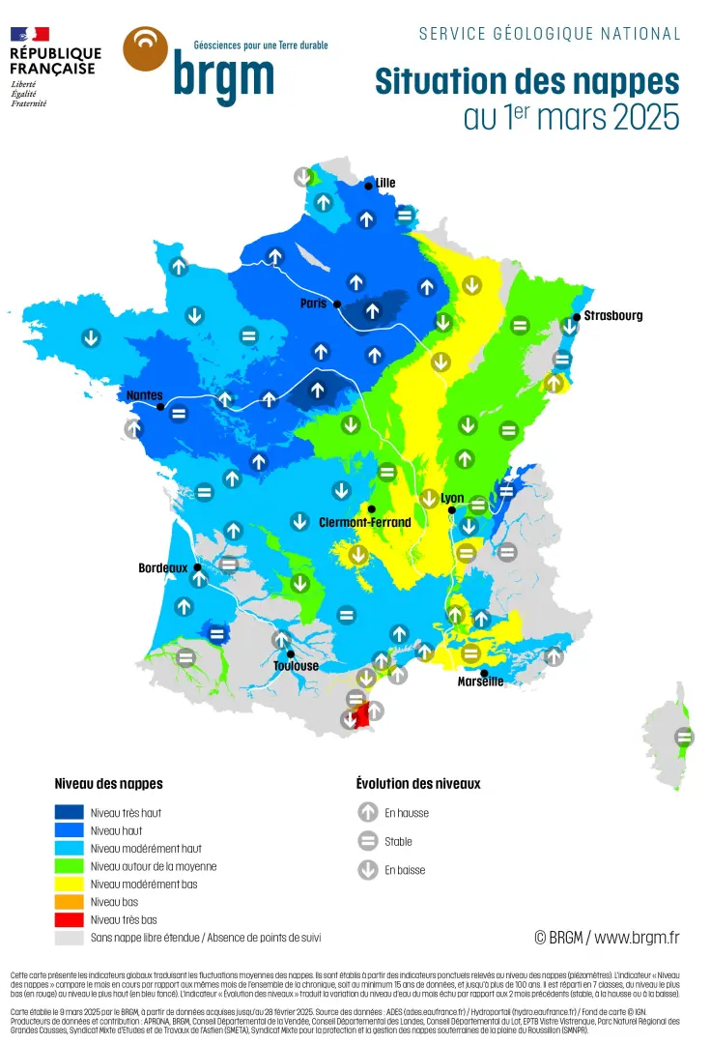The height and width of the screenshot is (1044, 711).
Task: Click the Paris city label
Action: [314, 303]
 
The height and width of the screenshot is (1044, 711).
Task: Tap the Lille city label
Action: [384, 183]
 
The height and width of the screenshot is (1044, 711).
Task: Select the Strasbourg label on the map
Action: [612, 315]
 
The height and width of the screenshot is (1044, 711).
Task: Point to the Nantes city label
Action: [144, 395]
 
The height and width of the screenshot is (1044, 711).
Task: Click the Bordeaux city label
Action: [162, 568]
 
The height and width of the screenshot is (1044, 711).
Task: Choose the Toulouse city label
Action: [296, 666]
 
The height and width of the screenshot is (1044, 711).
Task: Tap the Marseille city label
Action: [480, 681]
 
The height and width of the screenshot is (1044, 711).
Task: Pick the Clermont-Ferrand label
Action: [364, 522]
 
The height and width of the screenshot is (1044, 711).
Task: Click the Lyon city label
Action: [452, 498]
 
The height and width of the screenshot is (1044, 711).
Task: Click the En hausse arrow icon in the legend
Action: [367, 813]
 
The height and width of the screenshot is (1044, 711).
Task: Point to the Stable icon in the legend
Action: [367, 841]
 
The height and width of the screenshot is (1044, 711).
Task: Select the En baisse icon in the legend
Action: [367, 870]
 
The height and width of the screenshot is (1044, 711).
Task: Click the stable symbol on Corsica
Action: [684, 738]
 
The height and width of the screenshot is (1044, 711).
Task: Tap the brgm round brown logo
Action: [146, 49]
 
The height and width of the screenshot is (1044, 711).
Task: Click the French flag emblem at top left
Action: [30, 34]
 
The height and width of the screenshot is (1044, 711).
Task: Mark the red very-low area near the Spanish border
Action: [363, 717]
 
